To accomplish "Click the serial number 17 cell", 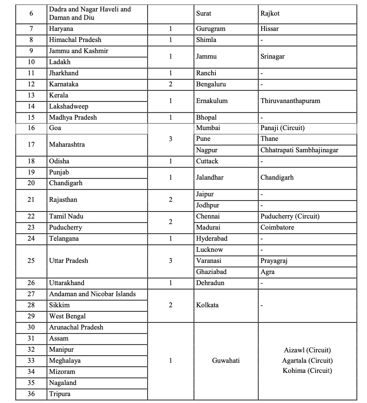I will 31,144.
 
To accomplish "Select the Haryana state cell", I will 61,29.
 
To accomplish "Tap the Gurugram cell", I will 211,29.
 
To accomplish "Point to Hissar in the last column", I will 270,29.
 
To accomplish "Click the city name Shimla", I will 206,40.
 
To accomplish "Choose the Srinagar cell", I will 272,57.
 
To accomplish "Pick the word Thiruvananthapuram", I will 290,101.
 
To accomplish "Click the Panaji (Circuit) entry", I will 282,128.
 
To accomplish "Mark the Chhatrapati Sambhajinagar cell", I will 299,150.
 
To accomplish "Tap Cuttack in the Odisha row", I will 207,161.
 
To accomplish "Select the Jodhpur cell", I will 207,205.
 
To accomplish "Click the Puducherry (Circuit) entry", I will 290,216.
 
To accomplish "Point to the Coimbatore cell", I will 277,228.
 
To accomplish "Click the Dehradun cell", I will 210,283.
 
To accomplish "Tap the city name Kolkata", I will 207,305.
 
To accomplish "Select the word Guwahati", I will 226,361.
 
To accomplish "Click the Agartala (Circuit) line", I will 307,361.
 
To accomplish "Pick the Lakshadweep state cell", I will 69,106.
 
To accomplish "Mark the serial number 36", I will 31,394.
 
